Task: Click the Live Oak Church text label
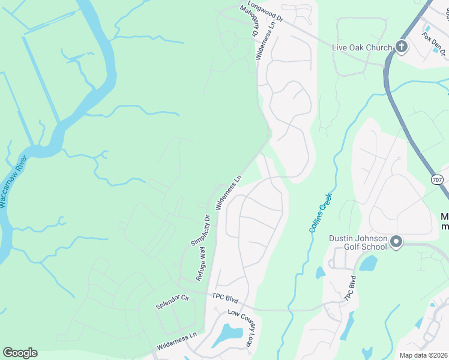pos(362,47)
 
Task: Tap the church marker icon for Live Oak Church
pos(401,47)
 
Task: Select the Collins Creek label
pos(319,213)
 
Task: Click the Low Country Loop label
pos(243,328)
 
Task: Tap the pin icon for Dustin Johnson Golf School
pos(396,242)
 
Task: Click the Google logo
pos(20,353)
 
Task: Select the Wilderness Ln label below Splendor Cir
pos(176,341)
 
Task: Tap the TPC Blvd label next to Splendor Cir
pos(224,298)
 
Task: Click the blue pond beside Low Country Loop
pos(226,335)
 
